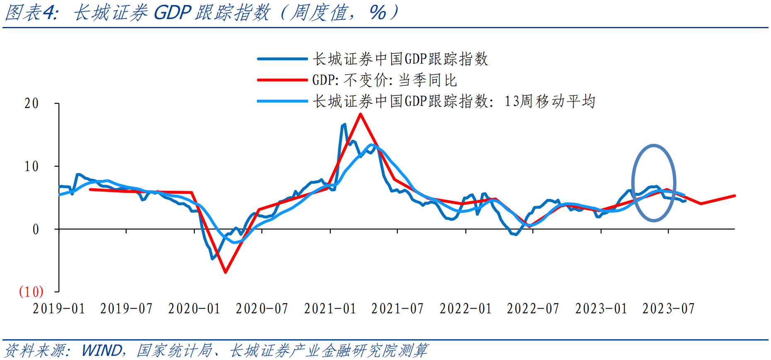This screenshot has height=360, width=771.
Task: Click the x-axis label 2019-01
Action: (59, 309)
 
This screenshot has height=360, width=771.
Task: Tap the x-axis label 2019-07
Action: (126, 309)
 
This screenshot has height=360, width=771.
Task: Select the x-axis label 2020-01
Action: (194, 309)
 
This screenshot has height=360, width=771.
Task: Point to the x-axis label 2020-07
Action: (262, 309)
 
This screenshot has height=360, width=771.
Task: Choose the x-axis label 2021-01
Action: (330, 309)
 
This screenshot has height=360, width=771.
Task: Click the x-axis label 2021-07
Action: (398, 309)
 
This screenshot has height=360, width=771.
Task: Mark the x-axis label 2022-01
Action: (466, 309)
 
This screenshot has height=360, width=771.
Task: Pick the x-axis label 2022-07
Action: (533, 309)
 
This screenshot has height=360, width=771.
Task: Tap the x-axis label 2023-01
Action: (601, 309)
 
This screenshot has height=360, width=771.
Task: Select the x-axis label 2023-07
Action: (669, 309)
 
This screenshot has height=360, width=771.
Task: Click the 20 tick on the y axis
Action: (32, 103)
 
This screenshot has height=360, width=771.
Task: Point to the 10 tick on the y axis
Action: (32, 166)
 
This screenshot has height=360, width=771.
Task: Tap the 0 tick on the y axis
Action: (36, 229)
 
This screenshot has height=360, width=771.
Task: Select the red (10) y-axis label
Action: (31, 292)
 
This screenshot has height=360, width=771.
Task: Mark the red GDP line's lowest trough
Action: (225, 272)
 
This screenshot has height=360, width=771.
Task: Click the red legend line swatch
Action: (282, 80)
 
